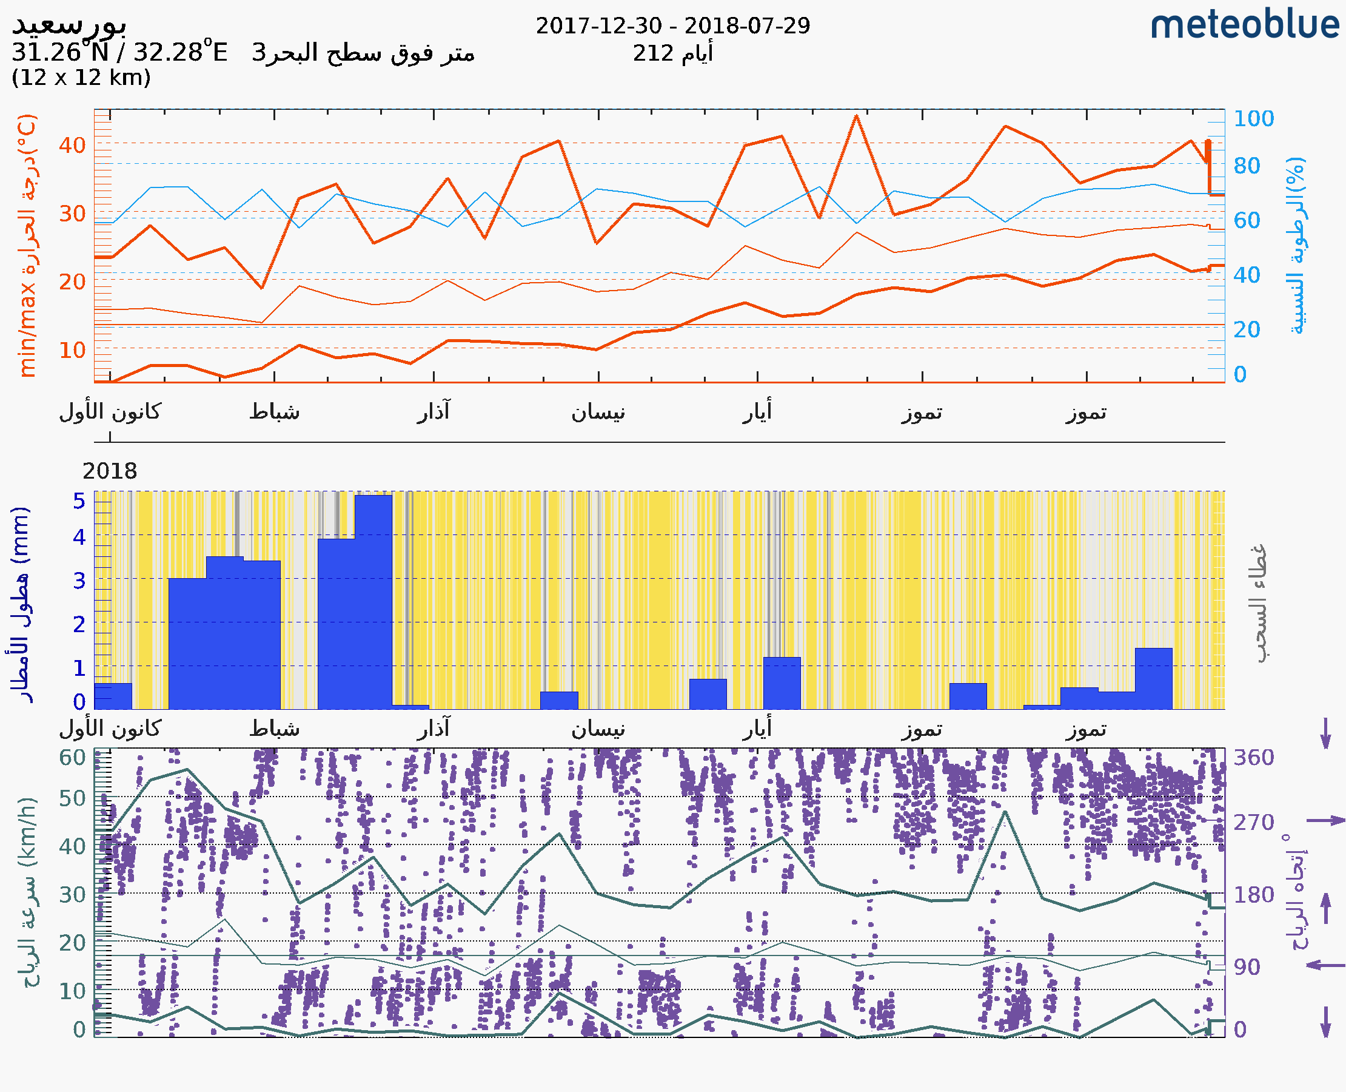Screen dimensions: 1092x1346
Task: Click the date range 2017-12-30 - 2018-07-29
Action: coord(672,26)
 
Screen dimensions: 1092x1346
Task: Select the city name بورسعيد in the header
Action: coord(69,24)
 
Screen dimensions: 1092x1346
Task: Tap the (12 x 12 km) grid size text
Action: coord(81,78)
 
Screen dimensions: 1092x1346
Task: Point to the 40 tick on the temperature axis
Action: coord(72,146)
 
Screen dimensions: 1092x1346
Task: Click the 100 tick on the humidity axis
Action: coord(1253,118)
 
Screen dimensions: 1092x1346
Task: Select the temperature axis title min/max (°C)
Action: coord(28,245)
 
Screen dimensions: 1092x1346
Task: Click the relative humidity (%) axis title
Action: coord(1296,245)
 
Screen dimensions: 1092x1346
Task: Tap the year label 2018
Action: coord(109,471)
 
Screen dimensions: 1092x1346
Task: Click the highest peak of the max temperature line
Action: coord(856,116)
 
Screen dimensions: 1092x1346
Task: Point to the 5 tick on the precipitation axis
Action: coord(79,501)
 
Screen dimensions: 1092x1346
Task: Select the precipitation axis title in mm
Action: coord(20,604)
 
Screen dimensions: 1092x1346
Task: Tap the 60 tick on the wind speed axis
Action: coord(72,757)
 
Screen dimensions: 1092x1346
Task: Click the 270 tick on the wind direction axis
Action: coord(1253,822)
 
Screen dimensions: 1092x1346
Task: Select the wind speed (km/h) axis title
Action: coord(28,893)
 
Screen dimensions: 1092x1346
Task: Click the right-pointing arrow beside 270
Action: coord(1325,820)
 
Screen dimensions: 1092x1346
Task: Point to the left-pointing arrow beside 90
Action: coord(1325,965)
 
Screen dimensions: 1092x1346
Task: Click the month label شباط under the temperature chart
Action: coord(275,412)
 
